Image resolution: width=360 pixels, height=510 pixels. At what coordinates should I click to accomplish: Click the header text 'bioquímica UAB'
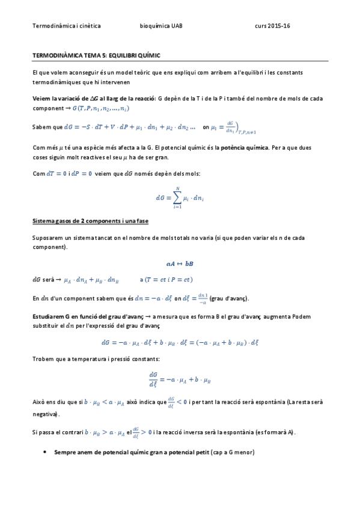(161, 26)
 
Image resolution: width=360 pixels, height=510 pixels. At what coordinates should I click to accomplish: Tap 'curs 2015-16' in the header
(272, 26)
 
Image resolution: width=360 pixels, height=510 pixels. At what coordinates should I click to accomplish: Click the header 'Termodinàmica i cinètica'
(66, 26)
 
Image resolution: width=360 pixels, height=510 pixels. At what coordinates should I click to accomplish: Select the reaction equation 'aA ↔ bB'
(180, 263)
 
